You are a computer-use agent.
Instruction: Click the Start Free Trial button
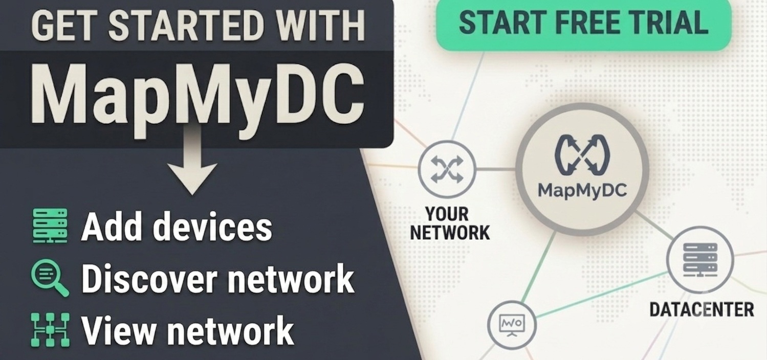click(583, 24)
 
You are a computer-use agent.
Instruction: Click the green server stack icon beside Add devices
click(50, 226)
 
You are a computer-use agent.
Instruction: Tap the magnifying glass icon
click(50, 278)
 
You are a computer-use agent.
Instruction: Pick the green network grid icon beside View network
click(50, 330)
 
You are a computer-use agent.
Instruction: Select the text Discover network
click(218, 278)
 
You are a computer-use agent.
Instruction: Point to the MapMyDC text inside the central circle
click(582, 190)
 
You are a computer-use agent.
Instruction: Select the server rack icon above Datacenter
click(700, 260)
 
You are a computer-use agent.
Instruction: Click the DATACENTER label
click(702, 310)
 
